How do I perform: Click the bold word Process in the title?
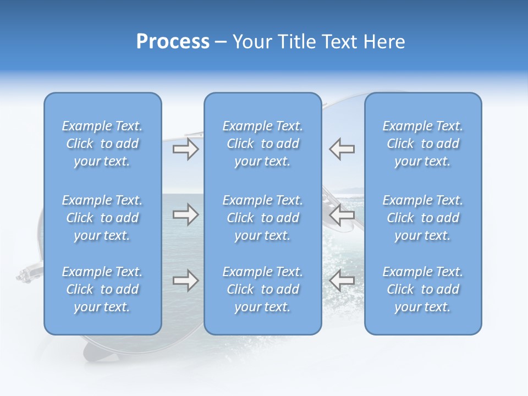pyautogui.click(x=173, y=42)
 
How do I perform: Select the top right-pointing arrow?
pyautogui.click(x=185, y=149)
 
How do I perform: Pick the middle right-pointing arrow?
pyautogui.click(x=185, y=215)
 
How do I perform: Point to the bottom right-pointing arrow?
pyautogui.click(x=185, y=280)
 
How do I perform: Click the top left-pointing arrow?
pyautogui.click(x=342, y=149)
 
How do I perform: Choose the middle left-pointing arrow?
pyautogui.click(x=342, y=215)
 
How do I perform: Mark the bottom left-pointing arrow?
pyautogui.click(x=342, y=280)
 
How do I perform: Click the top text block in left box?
pyautogui.click(x=102, y=144)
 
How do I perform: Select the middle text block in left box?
pyautogui.click(x=102, y=218)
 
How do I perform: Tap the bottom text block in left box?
pyautogui.click(x=102, y=289)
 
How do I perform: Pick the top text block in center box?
pyautogui.click(x=262, y=144)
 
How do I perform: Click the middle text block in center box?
pyautogui.click(x=262, y=218)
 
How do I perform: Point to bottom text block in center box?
pyautogui.click(x=262, y=289)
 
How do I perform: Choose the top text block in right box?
pyautogui.click(x=422, y=144)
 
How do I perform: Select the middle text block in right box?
pyautogui.click(x=422, y=218)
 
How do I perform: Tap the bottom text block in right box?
pyautogui.click(x=422, y=289)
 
